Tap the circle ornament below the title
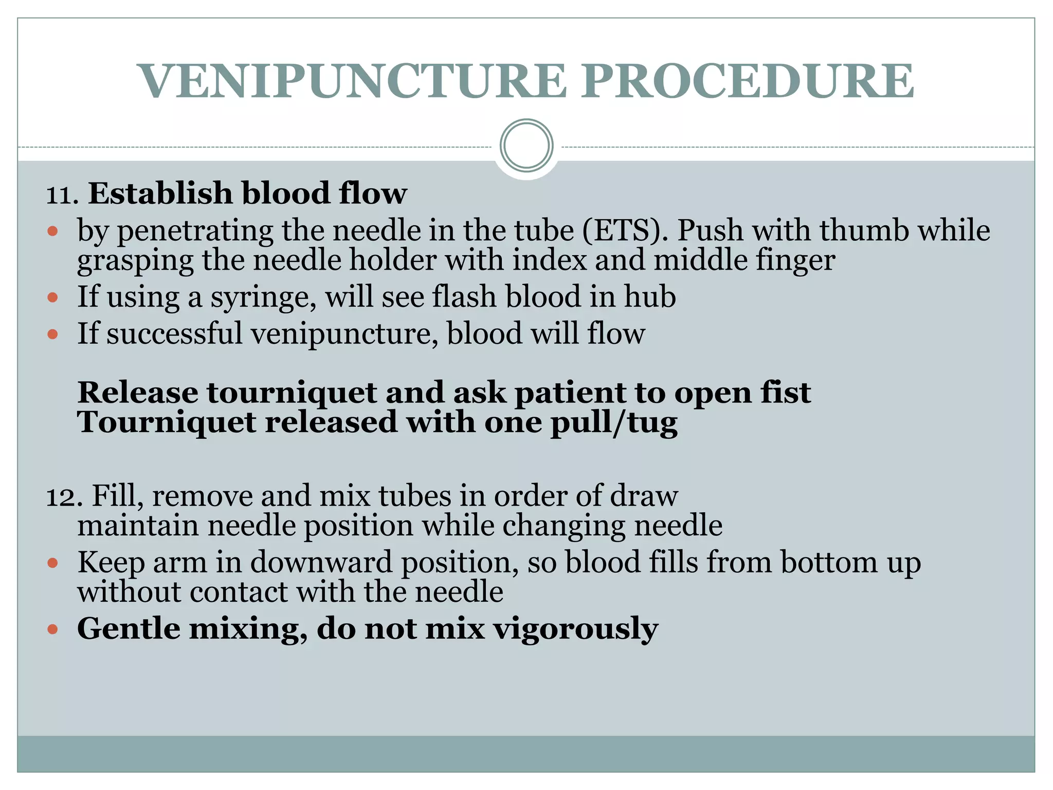point(526,146)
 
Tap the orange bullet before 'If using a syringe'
point(52,297)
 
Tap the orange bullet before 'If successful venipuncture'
point(52,334)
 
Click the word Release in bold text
point(138,392)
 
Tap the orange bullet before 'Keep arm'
point(52,563)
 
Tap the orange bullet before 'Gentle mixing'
point(52,629)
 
